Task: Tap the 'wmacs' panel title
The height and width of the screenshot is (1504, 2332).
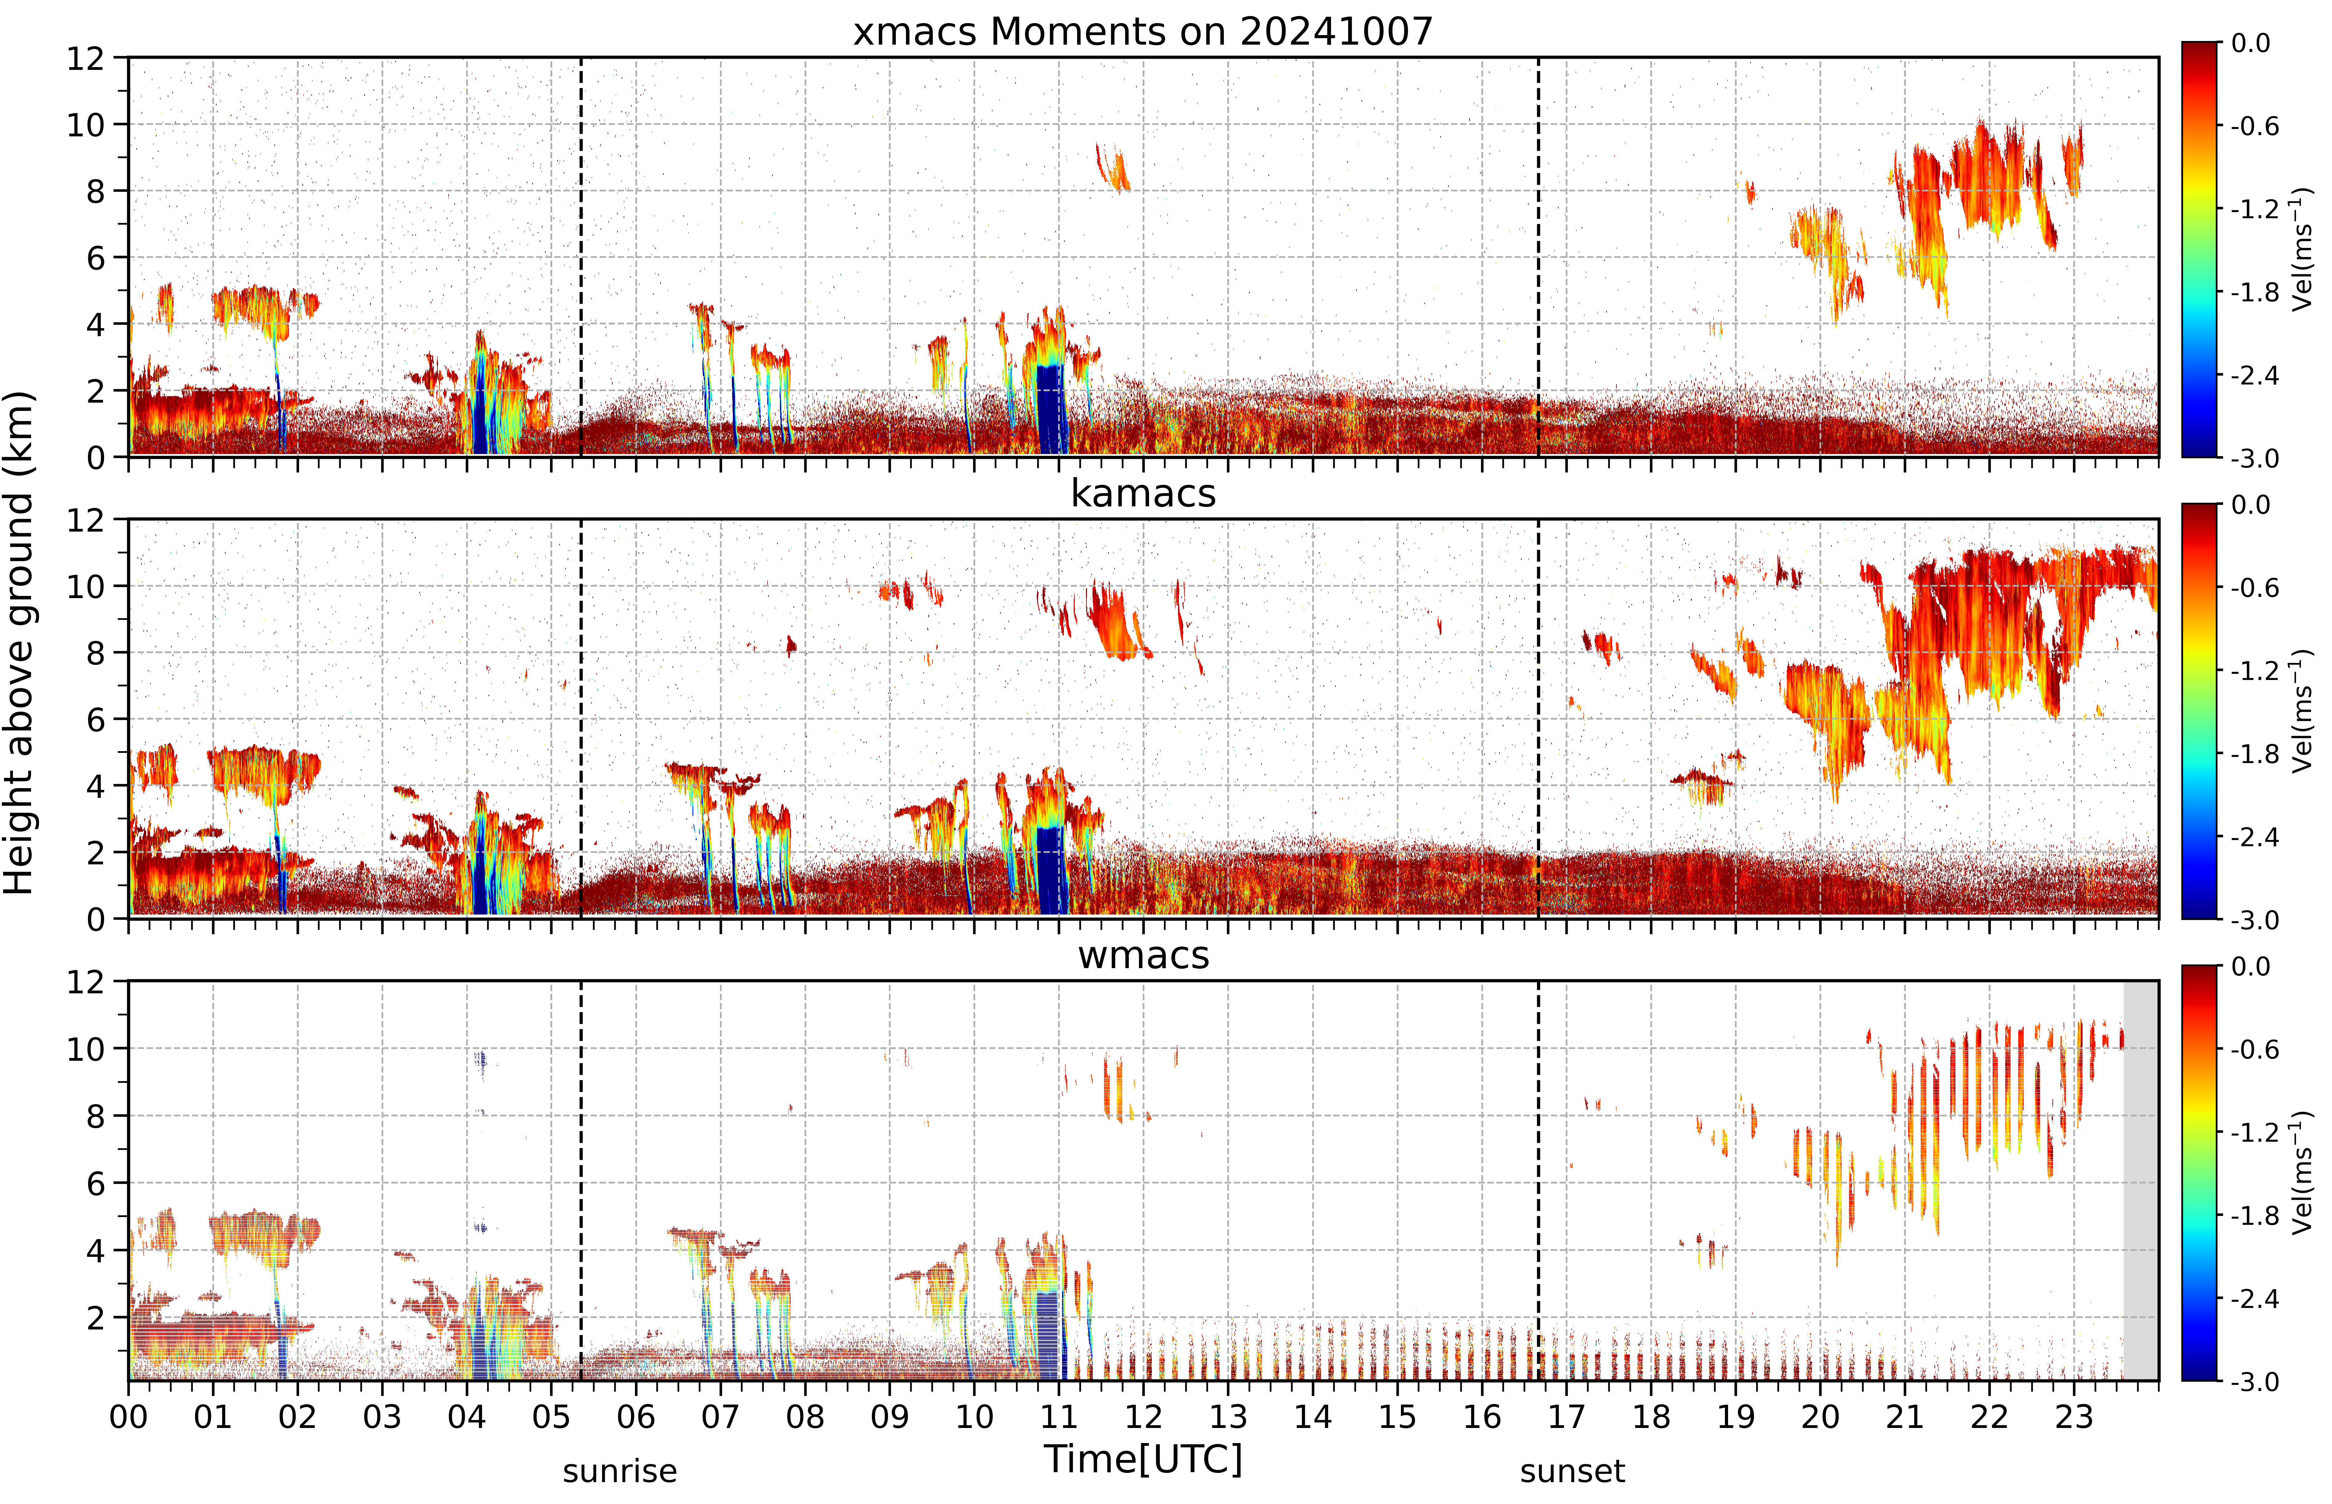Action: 1143,955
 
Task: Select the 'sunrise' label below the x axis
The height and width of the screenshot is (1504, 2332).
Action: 620,1471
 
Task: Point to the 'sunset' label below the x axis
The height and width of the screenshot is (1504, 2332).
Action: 1573,1471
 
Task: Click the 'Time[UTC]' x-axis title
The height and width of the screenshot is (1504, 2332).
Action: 1143,1459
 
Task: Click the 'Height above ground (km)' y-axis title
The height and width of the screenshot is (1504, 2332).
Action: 18,643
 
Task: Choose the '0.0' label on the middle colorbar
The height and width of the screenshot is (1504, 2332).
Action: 2251,505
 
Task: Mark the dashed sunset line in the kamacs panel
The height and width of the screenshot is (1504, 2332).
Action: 1538,719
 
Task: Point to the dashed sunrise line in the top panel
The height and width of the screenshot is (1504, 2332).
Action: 581,257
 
